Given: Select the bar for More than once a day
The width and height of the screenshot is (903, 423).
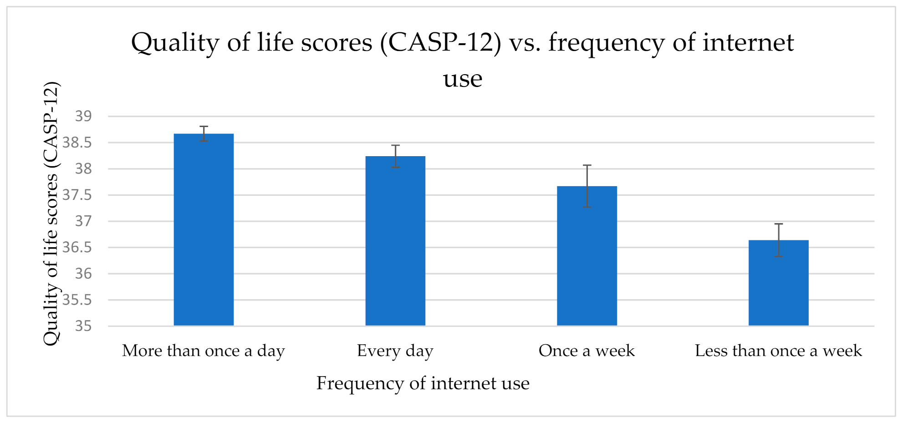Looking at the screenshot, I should click(x=204, y=229).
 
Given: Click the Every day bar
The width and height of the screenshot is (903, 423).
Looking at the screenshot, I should click(x=395, y=241).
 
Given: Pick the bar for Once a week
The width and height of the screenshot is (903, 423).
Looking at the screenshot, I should click(x=587, y=256).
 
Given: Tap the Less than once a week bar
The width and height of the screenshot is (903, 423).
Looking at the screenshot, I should click(x=778, y=283).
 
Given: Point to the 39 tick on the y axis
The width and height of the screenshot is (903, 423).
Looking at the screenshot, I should click(x=83, y=117).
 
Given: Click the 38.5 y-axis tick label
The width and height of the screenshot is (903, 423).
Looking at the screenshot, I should click(x=77, y=143).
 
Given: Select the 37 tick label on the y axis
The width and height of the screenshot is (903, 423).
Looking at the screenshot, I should click(x=83, y=221).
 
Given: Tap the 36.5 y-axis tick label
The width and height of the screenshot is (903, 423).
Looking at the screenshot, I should click(x=77, y=248).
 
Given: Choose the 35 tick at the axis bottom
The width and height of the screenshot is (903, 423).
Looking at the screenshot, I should click(x=83, y=326).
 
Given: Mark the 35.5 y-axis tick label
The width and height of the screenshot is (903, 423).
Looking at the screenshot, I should click(x=77, y=300).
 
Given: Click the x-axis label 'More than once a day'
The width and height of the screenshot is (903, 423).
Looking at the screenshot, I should click(x=204, y=351).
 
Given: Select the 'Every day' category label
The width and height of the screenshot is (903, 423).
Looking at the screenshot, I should click(x=395, y=351).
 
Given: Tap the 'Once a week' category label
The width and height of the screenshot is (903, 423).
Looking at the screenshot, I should click(x=587, y=351).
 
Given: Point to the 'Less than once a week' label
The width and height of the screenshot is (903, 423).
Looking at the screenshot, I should click(x=778, y=351).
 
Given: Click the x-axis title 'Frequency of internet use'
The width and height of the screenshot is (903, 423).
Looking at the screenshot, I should click(x=423, y=383).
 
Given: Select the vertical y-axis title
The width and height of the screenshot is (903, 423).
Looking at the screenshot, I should click(x=51, y=214).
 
